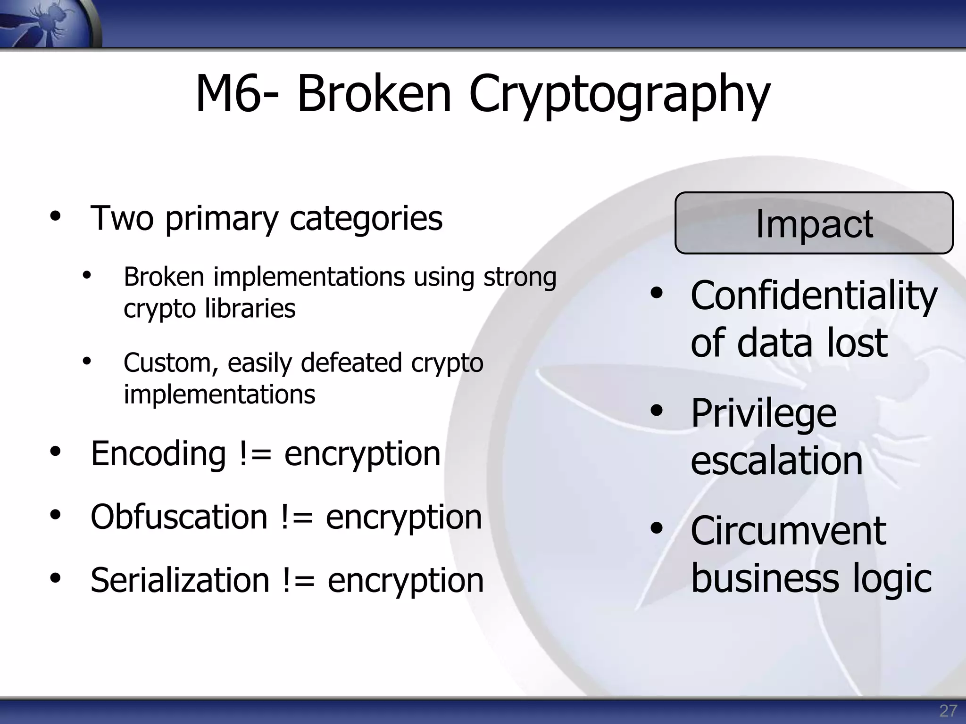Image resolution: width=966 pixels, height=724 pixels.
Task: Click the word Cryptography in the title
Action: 619,95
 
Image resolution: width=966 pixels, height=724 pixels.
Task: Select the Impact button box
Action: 814,223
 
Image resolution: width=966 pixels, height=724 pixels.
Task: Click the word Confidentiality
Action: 814,296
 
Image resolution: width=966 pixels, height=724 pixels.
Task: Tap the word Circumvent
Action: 788,531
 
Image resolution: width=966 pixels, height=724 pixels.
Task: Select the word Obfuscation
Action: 179,517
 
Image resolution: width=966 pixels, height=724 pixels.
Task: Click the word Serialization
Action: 180,580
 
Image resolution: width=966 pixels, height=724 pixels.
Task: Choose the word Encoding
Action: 158,453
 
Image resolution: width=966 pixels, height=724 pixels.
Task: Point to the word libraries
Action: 250,309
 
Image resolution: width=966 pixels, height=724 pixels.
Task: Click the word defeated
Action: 351,362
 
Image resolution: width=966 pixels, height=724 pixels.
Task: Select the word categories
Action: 366,218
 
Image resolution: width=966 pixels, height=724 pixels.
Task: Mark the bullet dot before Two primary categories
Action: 56,216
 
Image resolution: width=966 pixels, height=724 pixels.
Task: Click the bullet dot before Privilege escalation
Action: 656,411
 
